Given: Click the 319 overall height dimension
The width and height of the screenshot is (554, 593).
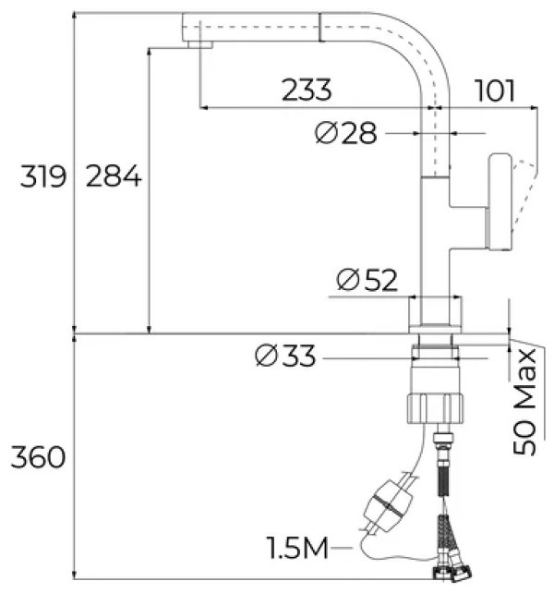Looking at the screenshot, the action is click(43, 176).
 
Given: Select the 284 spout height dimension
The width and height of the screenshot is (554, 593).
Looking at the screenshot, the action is click(114, 176).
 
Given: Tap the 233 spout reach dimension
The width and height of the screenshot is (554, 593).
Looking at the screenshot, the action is click(307, 90).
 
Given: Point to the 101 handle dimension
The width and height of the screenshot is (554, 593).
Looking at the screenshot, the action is click(495, 91).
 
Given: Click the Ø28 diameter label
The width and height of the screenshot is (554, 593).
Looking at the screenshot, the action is click(346, 133).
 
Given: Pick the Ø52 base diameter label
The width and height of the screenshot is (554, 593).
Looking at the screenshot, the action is click(367, 280).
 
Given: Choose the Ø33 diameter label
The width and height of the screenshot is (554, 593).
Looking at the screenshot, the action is click(285, 356).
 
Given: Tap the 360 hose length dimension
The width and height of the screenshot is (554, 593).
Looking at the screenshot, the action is click(38, 457).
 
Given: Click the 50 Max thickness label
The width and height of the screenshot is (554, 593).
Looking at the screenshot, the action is click(524, 402).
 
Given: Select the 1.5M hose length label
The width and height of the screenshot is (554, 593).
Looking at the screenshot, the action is click(297, 548).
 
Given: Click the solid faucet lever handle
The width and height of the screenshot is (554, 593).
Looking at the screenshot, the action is click(499, 202).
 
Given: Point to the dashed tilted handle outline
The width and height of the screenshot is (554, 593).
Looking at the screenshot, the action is click(524, 195).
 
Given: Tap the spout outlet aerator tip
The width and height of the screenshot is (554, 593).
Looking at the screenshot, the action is click(200, 44).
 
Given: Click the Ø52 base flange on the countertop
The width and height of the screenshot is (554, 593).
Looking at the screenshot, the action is click(435, 315).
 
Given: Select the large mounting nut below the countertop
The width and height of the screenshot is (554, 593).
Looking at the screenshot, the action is click(435, 408).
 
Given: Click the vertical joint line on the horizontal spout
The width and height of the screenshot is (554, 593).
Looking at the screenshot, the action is click(320, 27).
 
